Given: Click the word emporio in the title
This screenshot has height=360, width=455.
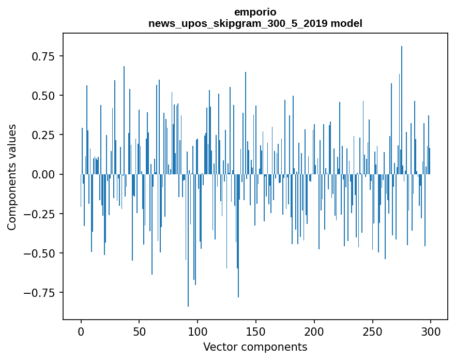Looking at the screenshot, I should click(255, 12).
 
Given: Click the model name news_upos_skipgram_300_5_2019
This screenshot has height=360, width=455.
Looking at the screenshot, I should click(238, 23).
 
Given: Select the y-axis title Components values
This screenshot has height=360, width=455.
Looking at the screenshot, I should click(12, 177).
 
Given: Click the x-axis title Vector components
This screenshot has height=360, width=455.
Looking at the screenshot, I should click(255, 347).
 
